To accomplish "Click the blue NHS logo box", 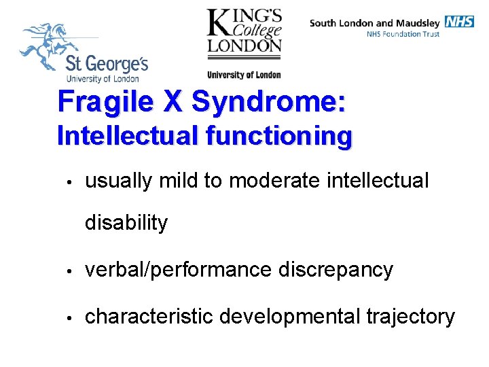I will click(x=460, y=22).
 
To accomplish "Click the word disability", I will click(x=126, y=223).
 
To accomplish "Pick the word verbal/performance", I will click(x=177, y=270).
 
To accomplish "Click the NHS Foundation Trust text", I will click(x=403, y=34).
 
